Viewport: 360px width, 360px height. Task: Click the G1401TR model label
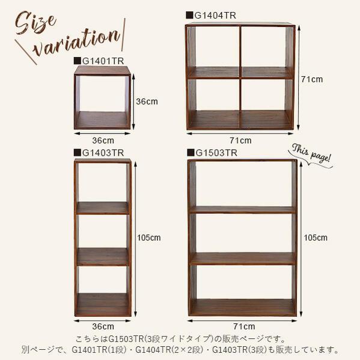pyautogui.click(x=103, y=61)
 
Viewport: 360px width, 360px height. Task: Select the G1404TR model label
pyautogui.click(x=215, y=16)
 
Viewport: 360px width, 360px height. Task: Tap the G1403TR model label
pyautogui.click(x=103, y=153)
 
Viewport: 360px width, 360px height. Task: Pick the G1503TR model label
pyautogui.click(x=216, y=153)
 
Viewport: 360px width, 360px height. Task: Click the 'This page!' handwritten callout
pyautogui.click(x=311, y=153)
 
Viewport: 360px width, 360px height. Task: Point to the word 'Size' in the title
pyautogui.click(x=35, y=23)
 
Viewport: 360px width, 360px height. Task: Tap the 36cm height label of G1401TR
pyautogui.click(x=147, y=102)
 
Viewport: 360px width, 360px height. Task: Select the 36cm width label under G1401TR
pyautogui.click(x=103, y=140)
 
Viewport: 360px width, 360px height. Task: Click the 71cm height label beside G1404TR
pyautogui.click(x=312, y=79)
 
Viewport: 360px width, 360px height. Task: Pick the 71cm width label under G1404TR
pyautogui.click(x=240, y=140)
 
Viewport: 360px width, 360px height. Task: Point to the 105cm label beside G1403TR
pyautogui.click(x=149, y=237)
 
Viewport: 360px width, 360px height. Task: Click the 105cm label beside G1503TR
pyautogui.click(x=316, y=237)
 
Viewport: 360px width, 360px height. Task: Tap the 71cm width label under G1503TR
pyautogui.click(x=244, y=326)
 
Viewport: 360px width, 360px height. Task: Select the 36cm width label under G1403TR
pyautogui.click(x=103, y=326)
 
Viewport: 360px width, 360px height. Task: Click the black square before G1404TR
pyautogui.click(x=189, y=15)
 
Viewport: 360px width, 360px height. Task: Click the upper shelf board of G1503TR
pyautogui.click(x=242, y=210)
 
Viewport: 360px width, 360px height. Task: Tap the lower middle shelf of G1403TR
pyautogui.click(x=103, y=257)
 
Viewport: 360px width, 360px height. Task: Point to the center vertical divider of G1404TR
pyautogui.click(x=240, y=77)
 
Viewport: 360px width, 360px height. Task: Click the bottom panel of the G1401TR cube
pyautogui.click(x=102, y=120)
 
